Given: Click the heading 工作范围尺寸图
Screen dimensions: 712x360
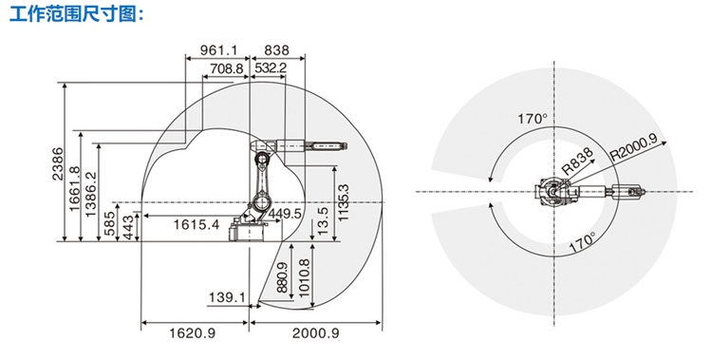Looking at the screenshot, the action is click(76, 14).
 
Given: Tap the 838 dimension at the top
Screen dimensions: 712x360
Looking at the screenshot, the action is click(276, 49).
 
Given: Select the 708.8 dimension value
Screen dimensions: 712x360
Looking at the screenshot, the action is click(227, 68).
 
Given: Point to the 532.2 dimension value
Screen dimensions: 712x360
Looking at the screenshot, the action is click(271, 68).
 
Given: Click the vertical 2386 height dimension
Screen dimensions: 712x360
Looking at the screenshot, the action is click(58, 163).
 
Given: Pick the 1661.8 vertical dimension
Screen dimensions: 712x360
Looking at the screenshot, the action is click(74, 189).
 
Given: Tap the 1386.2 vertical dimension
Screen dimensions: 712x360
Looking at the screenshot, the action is click(91, 194).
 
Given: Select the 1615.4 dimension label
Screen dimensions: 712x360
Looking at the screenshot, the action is click(197, 224).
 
